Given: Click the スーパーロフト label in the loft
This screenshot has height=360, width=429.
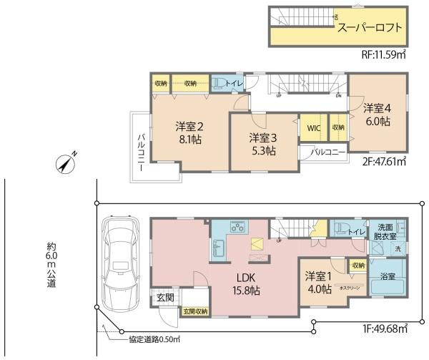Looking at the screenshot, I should click(x=370, y=29).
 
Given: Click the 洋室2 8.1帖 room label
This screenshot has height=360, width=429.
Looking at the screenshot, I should click(x=189, y=133).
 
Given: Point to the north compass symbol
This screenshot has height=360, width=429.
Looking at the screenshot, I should click(x=65, y=165).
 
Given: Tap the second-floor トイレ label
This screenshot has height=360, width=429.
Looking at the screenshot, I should click(x=234, y=84).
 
